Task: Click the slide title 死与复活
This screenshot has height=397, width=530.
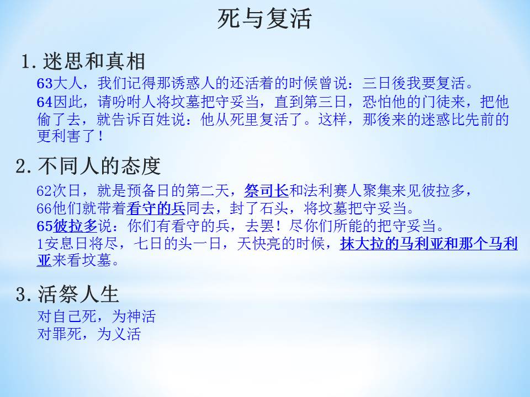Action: [264, 19]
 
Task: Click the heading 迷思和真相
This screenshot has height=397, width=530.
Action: [94, 61]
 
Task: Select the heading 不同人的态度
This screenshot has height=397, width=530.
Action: [99, 166]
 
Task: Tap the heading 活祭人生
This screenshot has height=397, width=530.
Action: [78, 294]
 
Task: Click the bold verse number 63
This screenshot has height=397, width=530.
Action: [45, 83]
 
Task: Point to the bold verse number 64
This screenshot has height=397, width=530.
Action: [45, 101]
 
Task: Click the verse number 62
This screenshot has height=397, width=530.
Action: [45, 191]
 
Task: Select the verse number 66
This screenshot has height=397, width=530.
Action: [45, 208]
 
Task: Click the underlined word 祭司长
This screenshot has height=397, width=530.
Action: [266, 191]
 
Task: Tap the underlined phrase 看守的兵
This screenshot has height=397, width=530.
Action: [156, 208]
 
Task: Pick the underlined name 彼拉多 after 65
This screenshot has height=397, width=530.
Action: [76, 226]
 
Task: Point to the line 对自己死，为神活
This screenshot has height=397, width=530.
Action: [96, 316]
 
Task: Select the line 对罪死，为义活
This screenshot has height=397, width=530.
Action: [89, 334]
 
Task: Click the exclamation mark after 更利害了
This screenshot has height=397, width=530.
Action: [100, 136]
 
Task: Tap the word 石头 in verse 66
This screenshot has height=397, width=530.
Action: [274, 208]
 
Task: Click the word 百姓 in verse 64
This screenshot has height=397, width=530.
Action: [156, 119]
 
